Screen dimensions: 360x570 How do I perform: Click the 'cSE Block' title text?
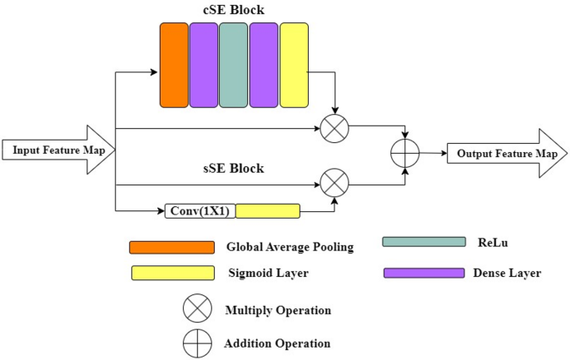pyautogui.click(x=233, y=11)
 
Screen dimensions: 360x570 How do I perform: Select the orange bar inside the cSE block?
pyautogui.click(x=174, y=65)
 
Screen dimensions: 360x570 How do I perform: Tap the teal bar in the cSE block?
pyautogui.click(x=234, y=65)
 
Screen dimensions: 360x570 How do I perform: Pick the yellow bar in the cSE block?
pyautogui.click(x=294, y=65)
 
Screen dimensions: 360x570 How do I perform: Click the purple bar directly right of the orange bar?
pyautogui.click(x=204, y=65)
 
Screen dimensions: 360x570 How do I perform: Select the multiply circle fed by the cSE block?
pyautogui.click(x=335, y=129)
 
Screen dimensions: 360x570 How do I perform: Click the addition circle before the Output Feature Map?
pyautogui.click(x=405, y=153)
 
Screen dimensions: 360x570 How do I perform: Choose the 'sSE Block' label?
pyautogui.click(x=232, y=169)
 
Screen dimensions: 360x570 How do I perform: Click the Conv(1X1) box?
pyautogui.click(x=200, y=211)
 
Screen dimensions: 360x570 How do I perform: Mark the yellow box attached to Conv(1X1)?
pyautogui.click(x=267, y=211)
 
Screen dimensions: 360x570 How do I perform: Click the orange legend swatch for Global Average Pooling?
pyautogui.click(x=171, y=247)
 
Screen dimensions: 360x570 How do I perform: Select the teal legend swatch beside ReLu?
pyautogui.click(x=423, y=241)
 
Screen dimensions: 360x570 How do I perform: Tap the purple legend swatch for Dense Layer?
pyautogui.click(x=423, y=273)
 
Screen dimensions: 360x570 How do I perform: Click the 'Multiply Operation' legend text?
pyautogui.click(x=278, y=310)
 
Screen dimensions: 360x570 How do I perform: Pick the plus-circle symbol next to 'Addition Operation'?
pyautogui.click(x=196, y=342)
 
